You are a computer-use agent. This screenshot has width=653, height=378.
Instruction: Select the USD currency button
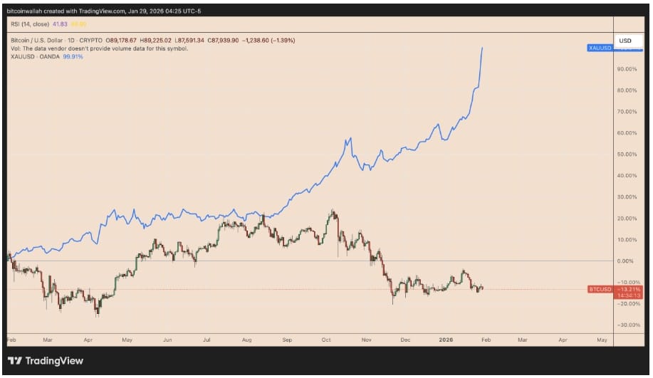click(x=625, y=41)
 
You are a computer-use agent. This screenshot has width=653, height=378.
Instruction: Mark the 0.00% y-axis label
click(x=626, y=261)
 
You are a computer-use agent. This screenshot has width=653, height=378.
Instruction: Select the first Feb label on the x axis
click(x=11, y=340)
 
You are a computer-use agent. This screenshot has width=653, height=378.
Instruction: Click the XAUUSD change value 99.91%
click(x=73, y=56)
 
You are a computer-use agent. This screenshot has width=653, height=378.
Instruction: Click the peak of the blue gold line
click(x=483, y=48)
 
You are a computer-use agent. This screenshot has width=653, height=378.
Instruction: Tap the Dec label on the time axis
click(x=406, y=340)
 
